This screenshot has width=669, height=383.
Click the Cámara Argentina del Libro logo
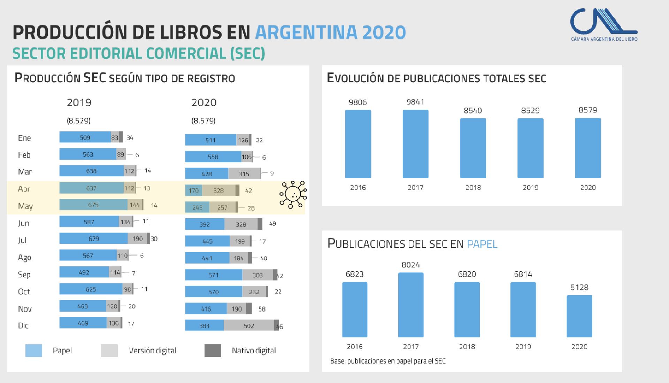(x=603, y=25)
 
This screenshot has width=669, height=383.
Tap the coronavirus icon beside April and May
(x=293, y=195)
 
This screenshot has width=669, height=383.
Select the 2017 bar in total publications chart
(x=415, y=144)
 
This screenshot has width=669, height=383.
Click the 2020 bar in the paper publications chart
(x=579, y=316)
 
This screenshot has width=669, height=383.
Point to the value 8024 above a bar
(x=410, y=265)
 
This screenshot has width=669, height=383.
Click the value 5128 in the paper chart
(x=579, y=288)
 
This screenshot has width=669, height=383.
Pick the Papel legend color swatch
(x=34, y=351)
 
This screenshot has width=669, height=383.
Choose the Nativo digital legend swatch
(x=213, y=351)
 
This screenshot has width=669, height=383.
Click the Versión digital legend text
(x=152, y=351)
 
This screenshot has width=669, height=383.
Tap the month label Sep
(x=24, y=275)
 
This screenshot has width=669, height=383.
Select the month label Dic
(x=23, y=326)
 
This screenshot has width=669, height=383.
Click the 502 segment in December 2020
(x=249, y=326)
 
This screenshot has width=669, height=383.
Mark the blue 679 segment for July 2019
(x=93, y=239)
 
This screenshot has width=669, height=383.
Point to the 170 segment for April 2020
(x=193, y=191)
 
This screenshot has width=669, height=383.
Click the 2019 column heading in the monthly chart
(x=79, y=103)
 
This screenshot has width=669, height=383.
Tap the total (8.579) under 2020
(x=203, y=121)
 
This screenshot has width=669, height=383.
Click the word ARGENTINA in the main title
(x=306, y=32)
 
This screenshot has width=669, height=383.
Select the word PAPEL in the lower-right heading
(x=482, y=244)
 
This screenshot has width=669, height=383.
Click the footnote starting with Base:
(x=388, y=361)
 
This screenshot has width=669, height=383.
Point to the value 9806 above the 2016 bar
(x=358, y=102)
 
